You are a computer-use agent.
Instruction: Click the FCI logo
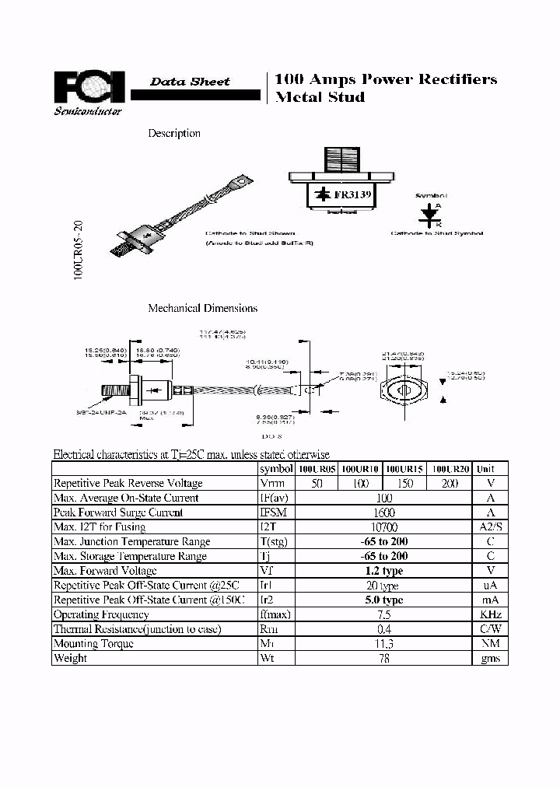(x=89, y=87)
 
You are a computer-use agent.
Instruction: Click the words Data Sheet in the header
(x=190, y=82)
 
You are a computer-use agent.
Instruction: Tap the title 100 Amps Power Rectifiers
(x=386, y=79)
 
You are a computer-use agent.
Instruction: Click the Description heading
(x=174, y=133)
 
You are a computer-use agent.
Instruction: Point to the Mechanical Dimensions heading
(x=202, y=308)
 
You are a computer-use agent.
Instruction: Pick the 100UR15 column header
(x=404, y=469)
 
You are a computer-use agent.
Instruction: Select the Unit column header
(x=485, y=469)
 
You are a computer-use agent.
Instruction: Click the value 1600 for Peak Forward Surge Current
(x=383, y=512)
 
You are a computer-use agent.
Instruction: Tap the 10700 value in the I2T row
(x=383, y=527)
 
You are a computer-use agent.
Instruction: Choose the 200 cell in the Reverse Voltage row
(x=450, y=484)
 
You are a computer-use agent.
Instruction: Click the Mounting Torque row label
(x=93, y=643)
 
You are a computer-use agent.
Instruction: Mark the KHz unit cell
(x=491, y=614)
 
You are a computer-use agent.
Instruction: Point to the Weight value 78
(x=383, y=658)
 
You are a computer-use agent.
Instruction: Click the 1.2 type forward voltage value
(x=383, y=571)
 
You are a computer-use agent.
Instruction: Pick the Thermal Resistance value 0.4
(x=383, y=629)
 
